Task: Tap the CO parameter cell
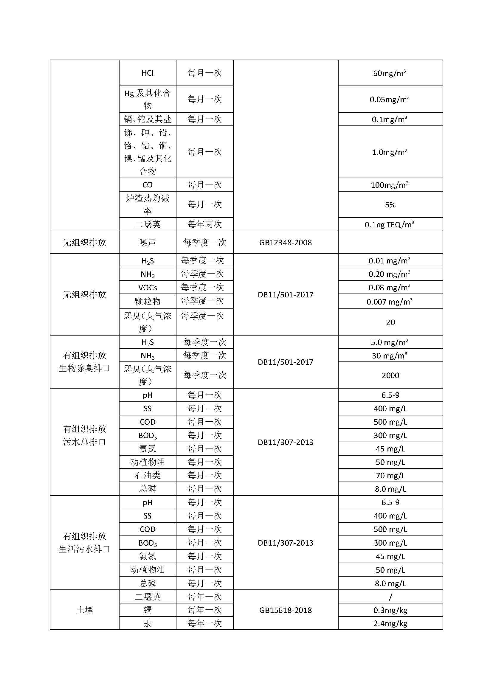click(x=148, y=184)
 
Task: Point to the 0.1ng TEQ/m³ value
click(x=390, y=224)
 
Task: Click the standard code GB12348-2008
click(x=285, y=242)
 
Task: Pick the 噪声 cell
click(x=148, y=242)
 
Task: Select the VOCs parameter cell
click(x=148, y=287)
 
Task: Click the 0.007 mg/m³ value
click(x=390, y=302)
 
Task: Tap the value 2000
click(x=390, y=375)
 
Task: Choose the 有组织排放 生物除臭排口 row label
click(x=84, y=361)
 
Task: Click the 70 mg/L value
click(x=390, y=475)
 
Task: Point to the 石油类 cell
click(x=148, y=475)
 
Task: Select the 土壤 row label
click(x=84, y=610)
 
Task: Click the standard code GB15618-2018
click(x=285, y=610)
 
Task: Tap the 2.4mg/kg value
click(x=390, y=623)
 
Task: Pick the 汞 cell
click(x=148, y=623)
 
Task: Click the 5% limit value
click(x=390, y=205)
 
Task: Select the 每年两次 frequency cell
click(x=204, y=224)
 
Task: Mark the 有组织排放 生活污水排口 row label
click(x=84, y=542)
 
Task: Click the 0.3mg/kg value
click(x=390, y=610)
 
